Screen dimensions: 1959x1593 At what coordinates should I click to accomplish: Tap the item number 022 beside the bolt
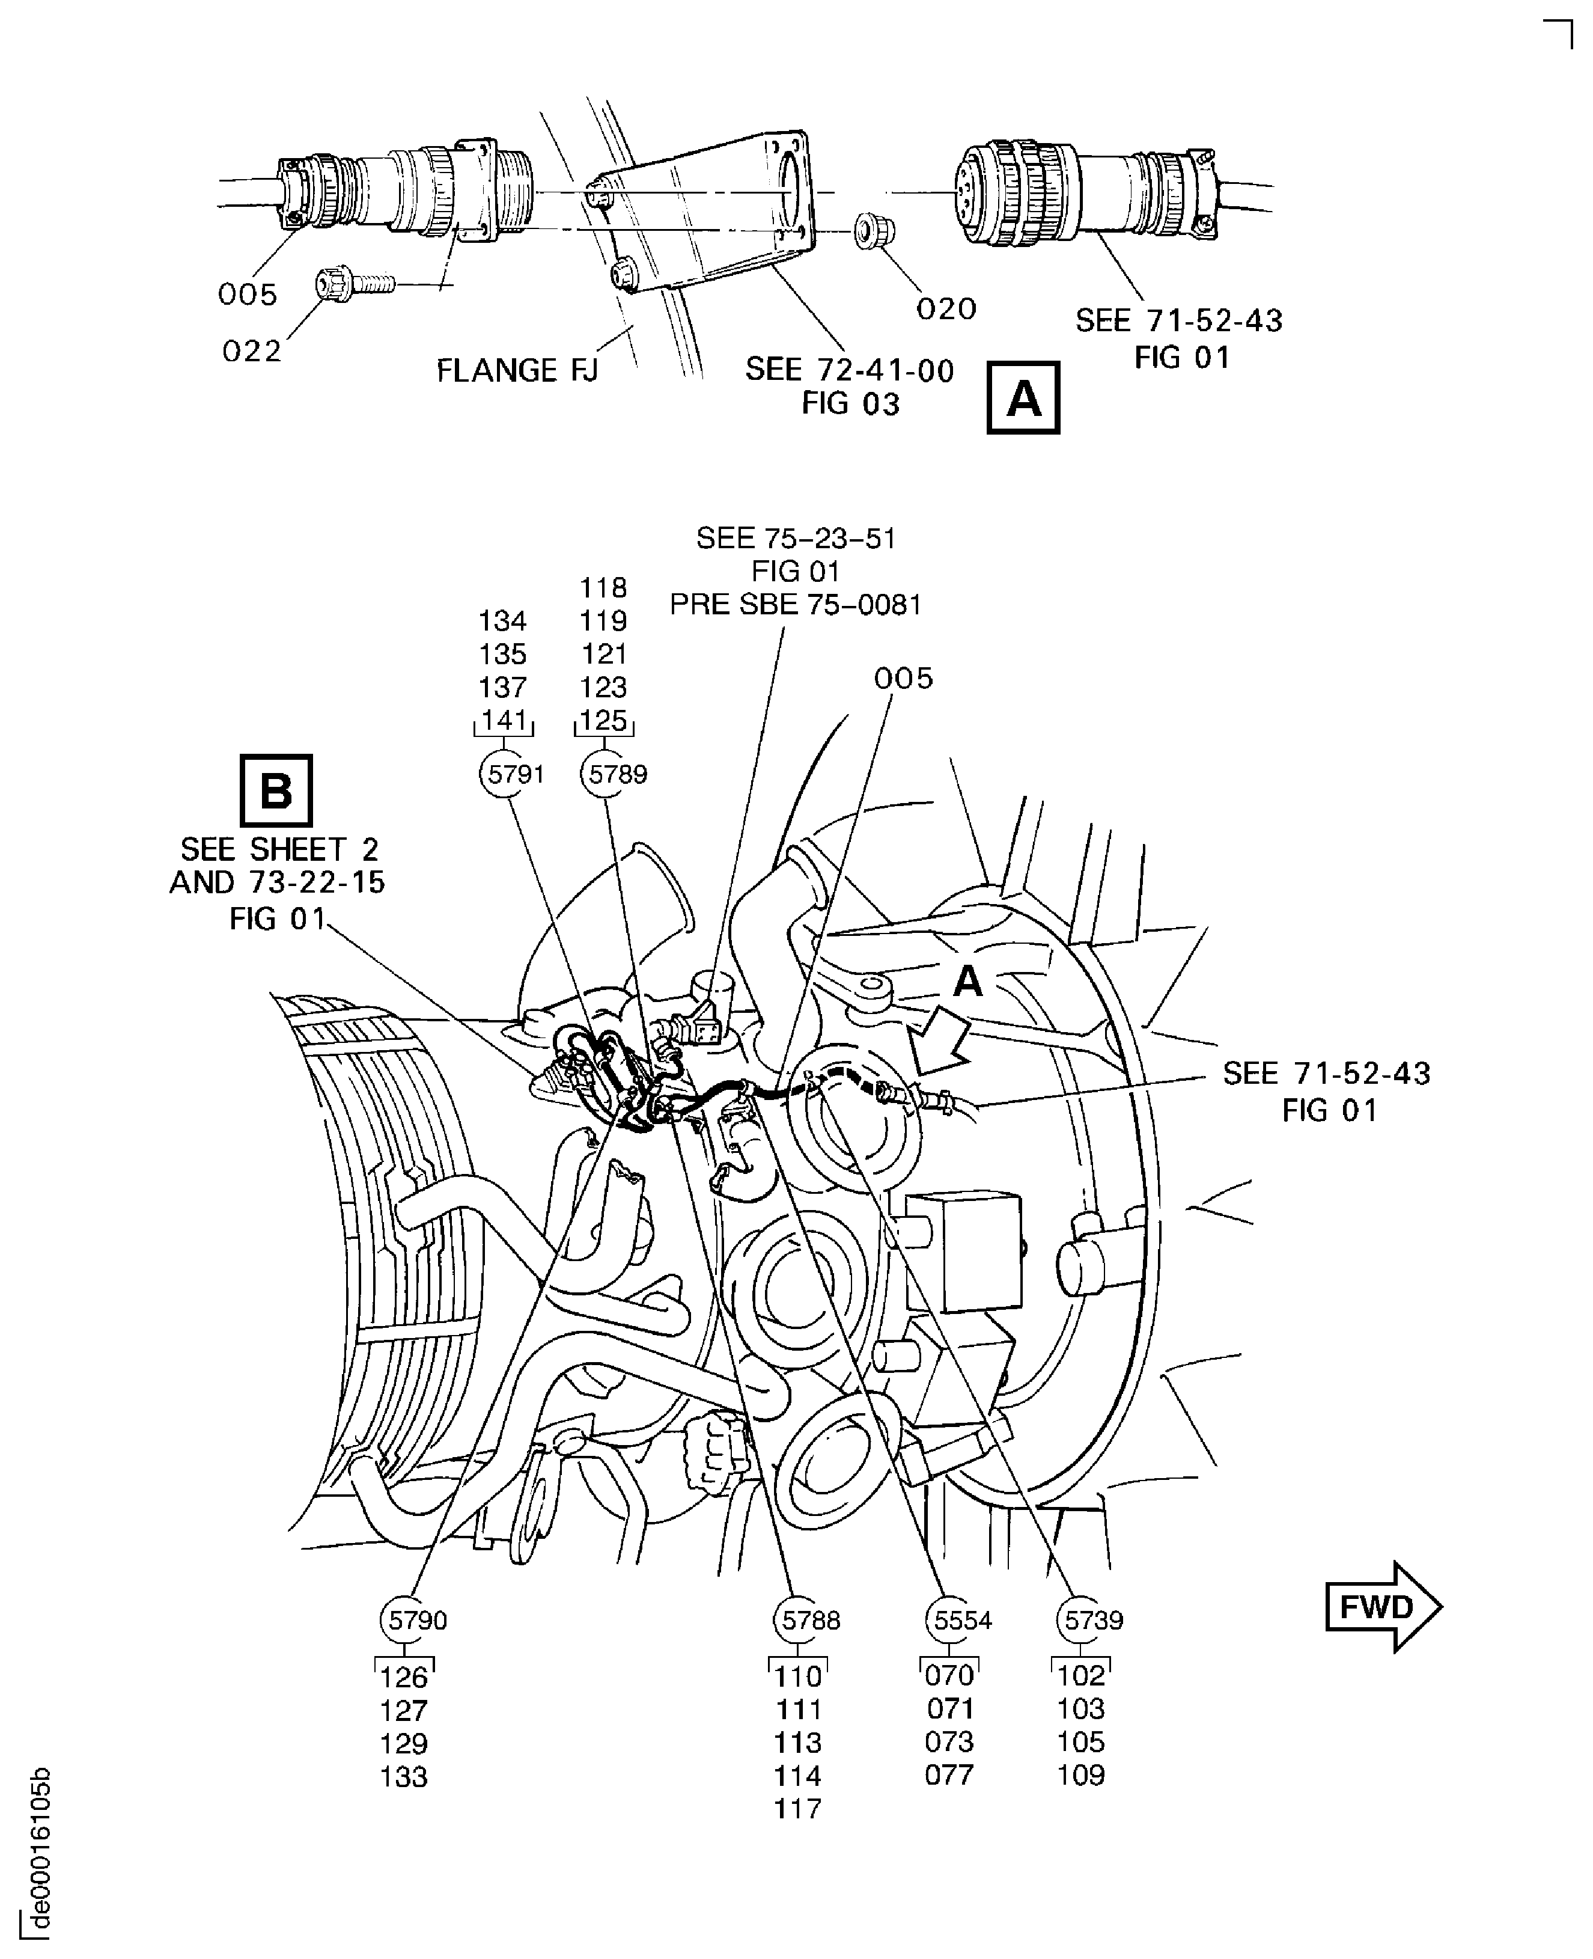251,350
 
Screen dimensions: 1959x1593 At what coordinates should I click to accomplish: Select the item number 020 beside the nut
946,308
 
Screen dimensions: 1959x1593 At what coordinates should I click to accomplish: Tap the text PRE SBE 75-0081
794,604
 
